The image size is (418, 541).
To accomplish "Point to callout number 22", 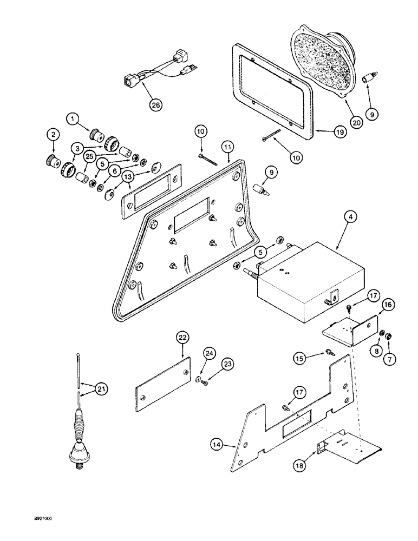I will pyautogui.click(x=182, y=338).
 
